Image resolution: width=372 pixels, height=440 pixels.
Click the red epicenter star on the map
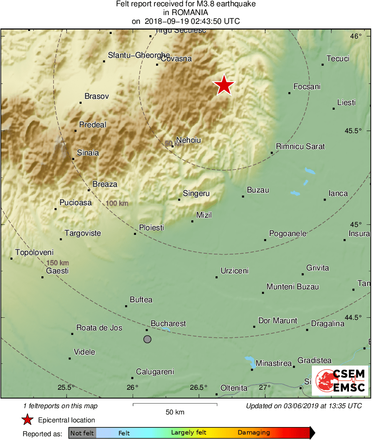[224, 85]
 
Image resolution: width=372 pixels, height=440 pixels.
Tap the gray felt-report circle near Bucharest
[147, 339]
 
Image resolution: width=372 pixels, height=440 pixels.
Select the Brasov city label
[97, 96]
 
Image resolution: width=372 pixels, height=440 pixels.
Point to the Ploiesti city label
[151, 228]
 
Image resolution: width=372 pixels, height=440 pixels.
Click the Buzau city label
[258, 190]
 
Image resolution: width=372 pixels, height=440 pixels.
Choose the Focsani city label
[307, 87]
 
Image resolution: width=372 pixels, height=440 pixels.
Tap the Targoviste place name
[82, 233]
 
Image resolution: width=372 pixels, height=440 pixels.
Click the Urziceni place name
[234, 271]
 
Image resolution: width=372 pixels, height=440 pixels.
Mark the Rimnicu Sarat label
[300, 147]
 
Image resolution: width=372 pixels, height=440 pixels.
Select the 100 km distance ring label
[117, 203]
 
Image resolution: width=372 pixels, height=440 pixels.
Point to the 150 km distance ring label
[57, 263]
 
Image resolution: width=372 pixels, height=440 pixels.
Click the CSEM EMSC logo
[340, 381]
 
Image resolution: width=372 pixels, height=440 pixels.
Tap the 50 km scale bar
[175, 404]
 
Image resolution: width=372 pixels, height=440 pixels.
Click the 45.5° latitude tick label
[353, 131]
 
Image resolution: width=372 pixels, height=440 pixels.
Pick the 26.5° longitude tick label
[198, 387]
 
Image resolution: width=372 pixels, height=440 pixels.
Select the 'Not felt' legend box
[82, 433]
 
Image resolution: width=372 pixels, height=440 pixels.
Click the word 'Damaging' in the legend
[254, 433]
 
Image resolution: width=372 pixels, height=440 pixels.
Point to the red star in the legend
[28, 420]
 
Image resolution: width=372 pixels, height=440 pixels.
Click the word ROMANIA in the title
[186, 13]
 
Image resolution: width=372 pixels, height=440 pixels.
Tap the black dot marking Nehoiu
[172, 146]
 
